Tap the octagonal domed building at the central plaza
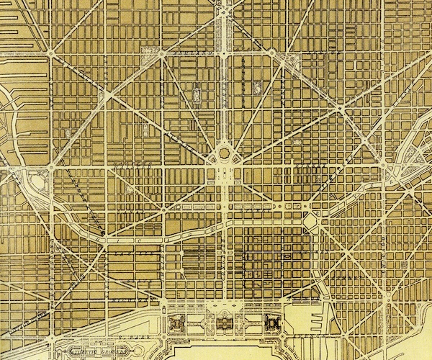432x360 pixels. pyautogui.click(x=224, y=154)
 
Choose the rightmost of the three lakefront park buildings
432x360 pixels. pyautogui.click(x=272, y=323)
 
